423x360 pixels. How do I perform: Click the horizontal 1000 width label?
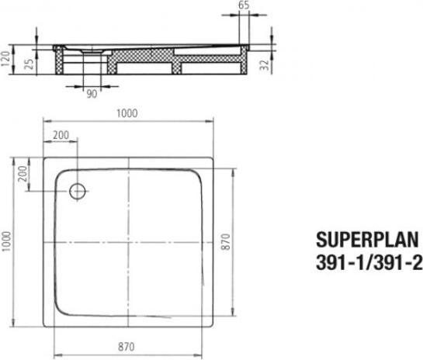pyautogui.click(x=127, y=112)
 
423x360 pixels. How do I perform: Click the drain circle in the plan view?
pyautogui.click(x=78, y=191)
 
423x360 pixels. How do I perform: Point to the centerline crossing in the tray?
pyautogui.click(x=128, y=242)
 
